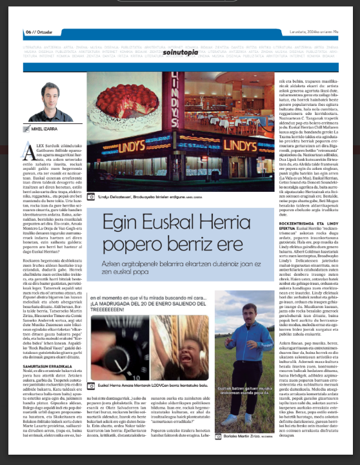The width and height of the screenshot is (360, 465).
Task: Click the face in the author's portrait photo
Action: (46, 94)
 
